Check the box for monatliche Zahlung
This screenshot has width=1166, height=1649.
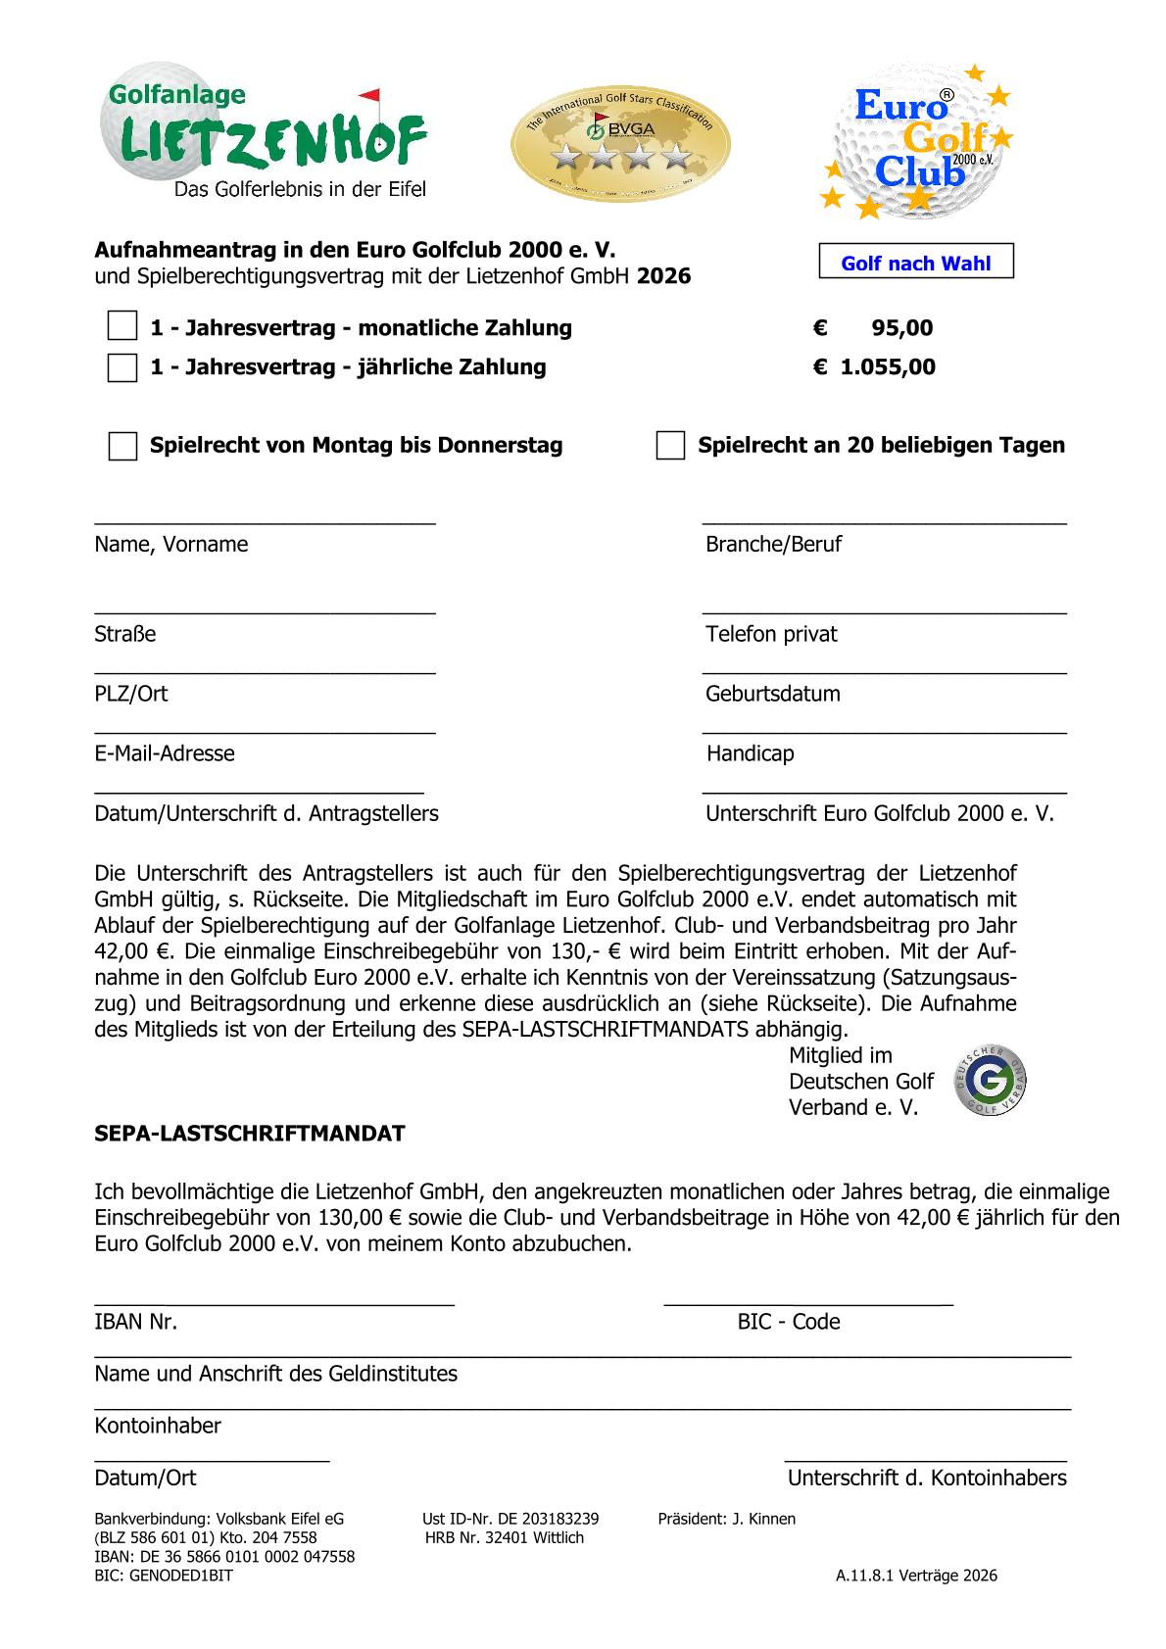tap(122, 327)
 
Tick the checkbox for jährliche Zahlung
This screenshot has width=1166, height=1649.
tap(122, 367)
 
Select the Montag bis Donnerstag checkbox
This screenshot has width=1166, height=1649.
tap(122, 446)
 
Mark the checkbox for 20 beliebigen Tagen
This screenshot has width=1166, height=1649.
tap(670, 446)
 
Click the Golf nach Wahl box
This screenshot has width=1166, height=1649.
tap(916, 263)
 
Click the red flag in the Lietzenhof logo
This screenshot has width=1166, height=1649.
tap(369, 97)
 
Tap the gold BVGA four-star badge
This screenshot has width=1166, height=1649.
tap(620, 140)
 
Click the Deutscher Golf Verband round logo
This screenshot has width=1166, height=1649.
tap(991, 1081)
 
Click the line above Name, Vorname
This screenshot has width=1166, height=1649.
tap(265, 521)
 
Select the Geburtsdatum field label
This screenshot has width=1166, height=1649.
tap(772, 694)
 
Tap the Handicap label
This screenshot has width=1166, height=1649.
tap(750, 753)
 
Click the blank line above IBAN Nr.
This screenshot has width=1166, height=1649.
tap(274, 1301)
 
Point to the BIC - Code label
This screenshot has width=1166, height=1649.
tap(789, 1322)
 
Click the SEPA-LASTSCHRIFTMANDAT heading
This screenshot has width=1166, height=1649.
tap(249, 1134)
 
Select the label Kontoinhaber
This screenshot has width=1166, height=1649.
tap(158, 1426)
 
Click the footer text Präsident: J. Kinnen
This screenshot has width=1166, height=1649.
tap(727, 1519)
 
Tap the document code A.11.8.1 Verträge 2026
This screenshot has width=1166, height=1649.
tap(916, 1576)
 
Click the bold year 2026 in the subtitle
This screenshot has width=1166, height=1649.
tap(663, 276)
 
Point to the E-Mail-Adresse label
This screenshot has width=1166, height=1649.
tap(165, 753)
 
